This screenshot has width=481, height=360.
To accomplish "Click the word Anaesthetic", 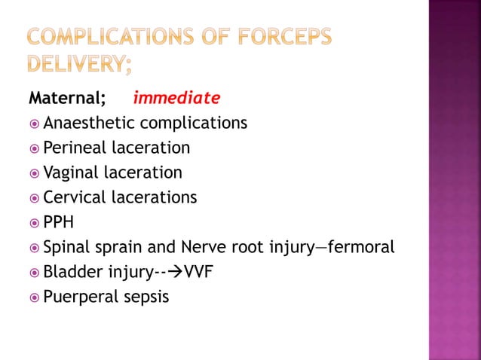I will point(89,123).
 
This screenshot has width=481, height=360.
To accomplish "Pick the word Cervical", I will point(75,197).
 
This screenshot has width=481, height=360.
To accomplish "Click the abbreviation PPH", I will point(60,222).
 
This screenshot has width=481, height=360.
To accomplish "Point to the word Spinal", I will point(66,247).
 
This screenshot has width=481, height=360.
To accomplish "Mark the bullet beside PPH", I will point(33,223).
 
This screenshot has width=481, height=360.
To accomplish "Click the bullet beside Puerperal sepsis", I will point(33,297).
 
